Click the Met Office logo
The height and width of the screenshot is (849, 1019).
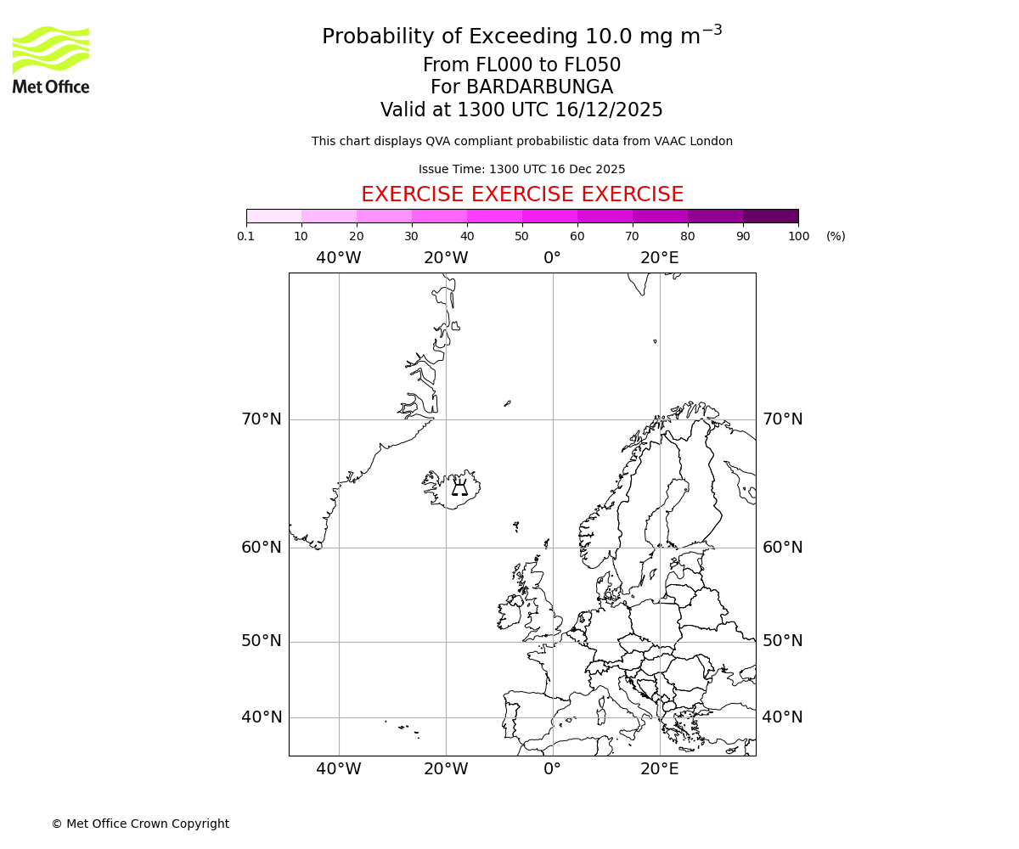click(x=51, y=59)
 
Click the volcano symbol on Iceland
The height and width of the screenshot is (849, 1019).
click(x=459, y=487)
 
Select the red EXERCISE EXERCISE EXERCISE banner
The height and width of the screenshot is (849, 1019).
click(x=522, y=194)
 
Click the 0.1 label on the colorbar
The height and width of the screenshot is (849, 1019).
click(x=246, y=236)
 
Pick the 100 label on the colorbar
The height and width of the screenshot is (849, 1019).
click(x=798, y=236)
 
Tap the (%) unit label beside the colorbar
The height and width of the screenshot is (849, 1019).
click(x=836, y=236)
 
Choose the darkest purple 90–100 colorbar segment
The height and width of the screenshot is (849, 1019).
click(x=770, y=216)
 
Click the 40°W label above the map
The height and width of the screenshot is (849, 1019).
click(x=339, y=258)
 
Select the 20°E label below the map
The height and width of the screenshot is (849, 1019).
click(x=660, y=769)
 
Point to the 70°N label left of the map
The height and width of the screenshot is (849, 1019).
click(x=262, y=419)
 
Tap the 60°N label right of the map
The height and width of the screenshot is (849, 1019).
click(x=782, y=548)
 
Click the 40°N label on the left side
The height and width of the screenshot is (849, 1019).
click(x=262, y=717)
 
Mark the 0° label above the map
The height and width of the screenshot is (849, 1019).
click(x=553, y=258)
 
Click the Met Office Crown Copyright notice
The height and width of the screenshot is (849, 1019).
click(x=140, y=824)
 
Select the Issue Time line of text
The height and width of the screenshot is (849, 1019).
click(x=522, y=169)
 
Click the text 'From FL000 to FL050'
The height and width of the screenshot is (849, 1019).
click(x=522, y=65)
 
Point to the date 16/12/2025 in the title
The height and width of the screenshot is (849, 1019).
click(x=609, y=110)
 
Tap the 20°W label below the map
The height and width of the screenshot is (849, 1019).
click(x=446, y=769)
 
